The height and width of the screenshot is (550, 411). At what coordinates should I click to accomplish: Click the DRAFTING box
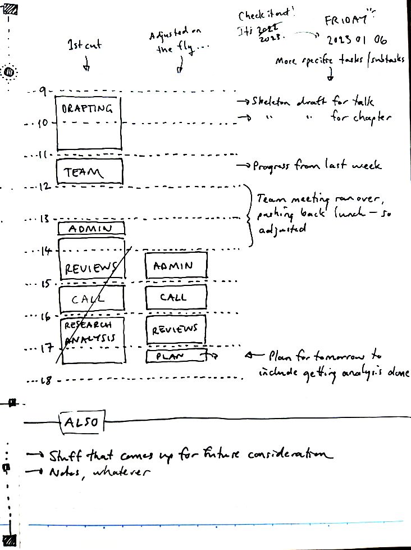click(x=89, y=122)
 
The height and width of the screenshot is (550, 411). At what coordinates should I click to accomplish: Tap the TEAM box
click(x=89, y=172)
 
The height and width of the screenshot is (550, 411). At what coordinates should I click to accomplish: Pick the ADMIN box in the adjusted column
click(x=176, y=265)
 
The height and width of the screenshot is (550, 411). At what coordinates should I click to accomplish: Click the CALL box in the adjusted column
click(x=176, y=297)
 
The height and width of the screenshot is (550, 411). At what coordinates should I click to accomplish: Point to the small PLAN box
click(x=175, y=356)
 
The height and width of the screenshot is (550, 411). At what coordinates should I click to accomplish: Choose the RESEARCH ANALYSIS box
click(x=90, y=340)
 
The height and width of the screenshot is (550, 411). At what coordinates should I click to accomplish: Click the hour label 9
click(x=42, y=90)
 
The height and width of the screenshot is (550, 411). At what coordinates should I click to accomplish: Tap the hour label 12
click(x=44, y=187)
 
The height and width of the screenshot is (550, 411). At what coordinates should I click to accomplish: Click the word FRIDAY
click(x=346, y=21)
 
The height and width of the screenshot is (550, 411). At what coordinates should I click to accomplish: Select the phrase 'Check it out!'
click(x=259, y=13)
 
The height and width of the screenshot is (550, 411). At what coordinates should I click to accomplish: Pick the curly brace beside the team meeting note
click(x=249, y=215)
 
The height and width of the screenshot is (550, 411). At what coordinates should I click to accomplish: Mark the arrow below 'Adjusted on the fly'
click(x=180, y=67)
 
